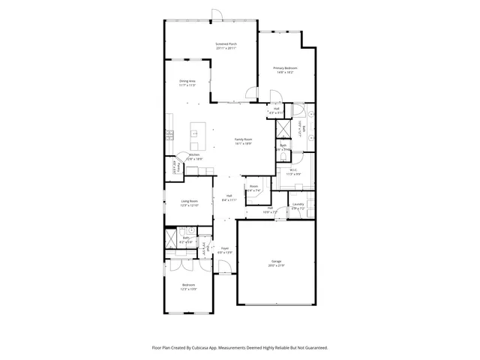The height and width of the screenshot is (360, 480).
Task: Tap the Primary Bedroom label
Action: point(283,68)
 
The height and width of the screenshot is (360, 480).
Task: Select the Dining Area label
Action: point(187,81)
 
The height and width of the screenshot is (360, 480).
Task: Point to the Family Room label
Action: point(243,139)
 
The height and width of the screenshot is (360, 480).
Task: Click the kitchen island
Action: point(199,136)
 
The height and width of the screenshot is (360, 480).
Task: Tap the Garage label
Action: point(277,262)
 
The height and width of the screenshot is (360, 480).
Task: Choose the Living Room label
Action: point(189,201)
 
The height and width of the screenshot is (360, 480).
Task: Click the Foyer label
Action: point(224,247)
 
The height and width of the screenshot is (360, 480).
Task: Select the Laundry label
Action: point(298,204)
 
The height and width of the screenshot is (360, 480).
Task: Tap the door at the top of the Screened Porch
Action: point(216,16)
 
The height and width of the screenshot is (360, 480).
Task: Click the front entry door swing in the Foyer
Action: point(223,268)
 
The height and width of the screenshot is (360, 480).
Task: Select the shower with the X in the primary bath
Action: point(283,128)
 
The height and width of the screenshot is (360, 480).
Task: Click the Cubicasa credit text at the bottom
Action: point(239,347)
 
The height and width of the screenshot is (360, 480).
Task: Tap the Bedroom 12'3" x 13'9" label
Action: point(189,285)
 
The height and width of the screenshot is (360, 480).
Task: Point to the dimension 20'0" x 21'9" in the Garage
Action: point(277,266)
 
